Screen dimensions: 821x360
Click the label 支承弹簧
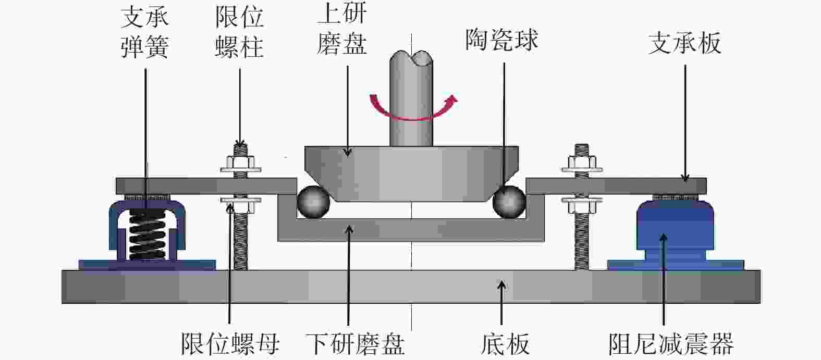coord(145,33)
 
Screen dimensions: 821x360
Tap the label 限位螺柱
coord(239,33)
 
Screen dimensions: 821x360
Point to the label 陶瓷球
coord(502,39)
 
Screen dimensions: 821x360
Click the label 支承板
coord(684,43)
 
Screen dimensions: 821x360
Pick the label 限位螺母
coord(230,343)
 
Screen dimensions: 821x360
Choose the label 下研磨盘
coord(355,343)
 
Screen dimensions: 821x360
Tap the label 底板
coord(505,343)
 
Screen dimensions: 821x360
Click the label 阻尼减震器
coord(671,343)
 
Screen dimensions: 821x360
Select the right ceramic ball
coord(509,202)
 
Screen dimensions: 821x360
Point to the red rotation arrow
coord(413,110)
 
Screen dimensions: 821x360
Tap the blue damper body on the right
coord(676,234)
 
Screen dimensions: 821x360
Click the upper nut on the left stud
coord(240,162)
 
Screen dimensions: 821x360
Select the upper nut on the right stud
coord(582,162)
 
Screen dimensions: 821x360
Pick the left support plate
coord(206,186)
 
